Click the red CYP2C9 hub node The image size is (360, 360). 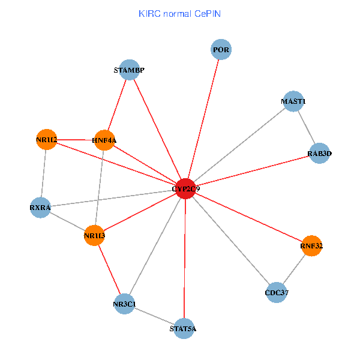(x=185, y=188)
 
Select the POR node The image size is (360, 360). (x=221, y=50)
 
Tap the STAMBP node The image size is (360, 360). (x=129, y=70)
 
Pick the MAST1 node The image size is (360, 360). (x=293, y=101)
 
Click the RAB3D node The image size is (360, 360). (x=319, y=154)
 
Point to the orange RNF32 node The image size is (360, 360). (x=311, y=245)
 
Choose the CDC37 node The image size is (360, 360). (x=276, y=293)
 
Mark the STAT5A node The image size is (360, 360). (x=184, y=328)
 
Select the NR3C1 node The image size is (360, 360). (x=124, y=304)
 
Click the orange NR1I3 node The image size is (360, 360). (x=95, y=236)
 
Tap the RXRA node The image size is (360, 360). (x=40, y=208)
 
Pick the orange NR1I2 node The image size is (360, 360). (x=46, y=140)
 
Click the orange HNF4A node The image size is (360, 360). (x=104, y=140)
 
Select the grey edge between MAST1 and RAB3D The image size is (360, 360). (x=307, y=128)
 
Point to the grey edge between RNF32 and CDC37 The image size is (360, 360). (x=294, y=269)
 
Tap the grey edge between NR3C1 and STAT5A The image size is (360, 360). (x=154, y=316)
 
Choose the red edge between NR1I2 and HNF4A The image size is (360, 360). (x=75, y=140)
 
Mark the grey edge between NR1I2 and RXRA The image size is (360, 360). (x=43, y=174)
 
